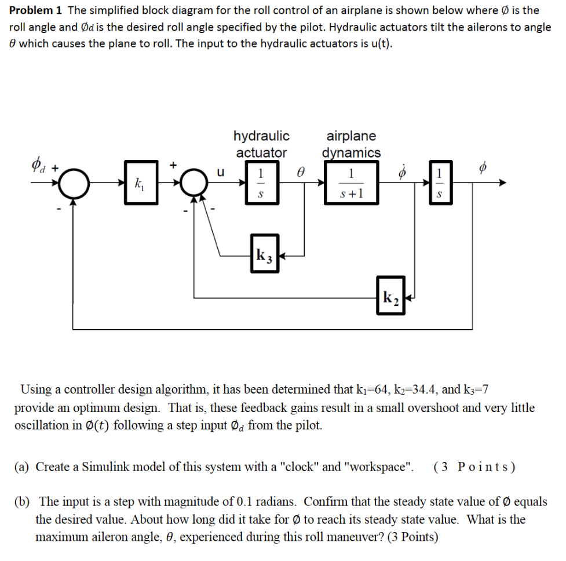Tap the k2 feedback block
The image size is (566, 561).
[x=390, y=298]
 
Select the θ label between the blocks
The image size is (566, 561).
[x=300, y=172]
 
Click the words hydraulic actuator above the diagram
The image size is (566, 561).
[x=261, y=144]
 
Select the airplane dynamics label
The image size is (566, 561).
[x=352, y=144]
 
